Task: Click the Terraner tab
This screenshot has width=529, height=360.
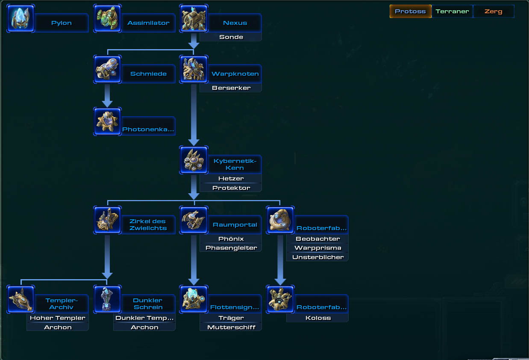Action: pyautogui.click(x=452, y=12)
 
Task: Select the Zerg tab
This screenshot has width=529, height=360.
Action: pyautogui.click(x=494, y=12)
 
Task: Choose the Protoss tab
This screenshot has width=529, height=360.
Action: pyautogui.click(x=411, y=12)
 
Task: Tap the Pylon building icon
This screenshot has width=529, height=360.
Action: pyautogui.click(x=21, y=18)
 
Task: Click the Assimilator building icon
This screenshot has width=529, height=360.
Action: pyautogui.click(x=107, y=18)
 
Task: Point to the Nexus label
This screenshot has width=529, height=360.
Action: pyautogui.click(x=235, y=23)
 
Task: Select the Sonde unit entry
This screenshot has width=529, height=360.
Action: pyautogui.click(x=231, y=37)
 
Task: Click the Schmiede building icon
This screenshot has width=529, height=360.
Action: pyautogui.click(x=107, y=69)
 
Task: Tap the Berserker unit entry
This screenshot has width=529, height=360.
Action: pyautogui.click(x=231, y=88)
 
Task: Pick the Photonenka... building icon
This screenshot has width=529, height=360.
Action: pyautogui.click(x=107, y=121)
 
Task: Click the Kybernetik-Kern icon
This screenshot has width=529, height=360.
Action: pyautogui.click(x=194, y=160)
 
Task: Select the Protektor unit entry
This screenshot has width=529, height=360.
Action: pyautogui.click(x=231, y=188)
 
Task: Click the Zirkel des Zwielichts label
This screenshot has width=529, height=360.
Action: pyautogui.click(x=148, y=224)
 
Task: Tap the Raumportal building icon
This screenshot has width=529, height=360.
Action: pyautogui.click(x=194, y=220)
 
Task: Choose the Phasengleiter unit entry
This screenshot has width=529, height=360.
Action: pyautogui.click(x=231, y=248)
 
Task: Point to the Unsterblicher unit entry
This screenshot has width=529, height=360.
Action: pyautogui.click(x=317, y=257)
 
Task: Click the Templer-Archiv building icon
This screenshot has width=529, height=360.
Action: pyautogui.click(x=21, y=299)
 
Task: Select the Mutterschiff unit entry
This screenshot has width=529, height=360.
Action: pyautogui.click(x=231, y=328)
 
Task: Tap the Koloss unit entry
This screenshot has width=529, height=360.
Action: pyautogui.click(x=317, y=318)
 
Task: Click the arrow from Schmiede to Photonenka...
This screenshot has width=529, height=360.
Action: pyautogui.click(x=107, y=96)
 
